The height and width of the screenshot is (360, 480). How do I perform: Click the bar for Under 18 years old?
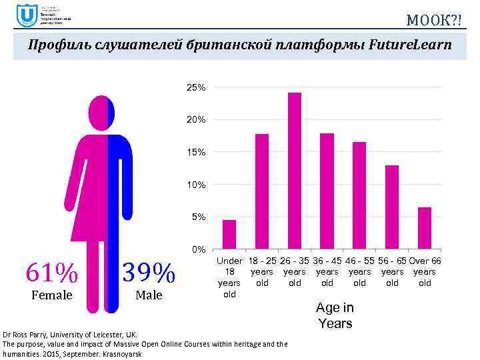(x=229, y=234)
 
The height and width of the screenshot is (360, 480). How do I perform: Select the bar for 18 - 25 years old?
(x=262, y=191)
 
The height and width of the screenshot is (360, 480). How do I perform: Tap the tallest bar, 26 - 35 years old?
(x=295, y=171)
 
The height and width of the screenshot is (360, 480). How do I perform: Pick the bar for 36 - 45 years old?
(x=327, y=191)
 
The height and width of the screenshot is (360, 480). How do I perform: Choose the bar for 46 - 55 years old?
(x=359, y=195)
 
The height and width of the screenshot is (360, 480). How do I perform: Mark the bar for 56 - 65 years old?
(x=392, y=207)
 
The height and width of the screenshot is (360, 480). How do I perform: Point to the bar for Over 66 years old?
(x=425, y=228)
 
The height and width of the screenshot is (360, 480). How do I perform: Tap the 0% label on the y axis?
(x=197, y=250)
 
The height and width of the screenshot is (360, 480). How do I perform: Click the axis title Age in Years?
(x=335, y=315)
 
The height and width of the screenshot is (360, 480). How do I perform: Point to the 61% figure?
(x=52, y=272)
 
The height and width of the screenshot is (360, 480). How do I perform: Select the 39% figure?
(x=149, y=272)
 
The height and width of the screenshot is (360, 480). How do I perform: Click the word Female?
(x=52, y=295)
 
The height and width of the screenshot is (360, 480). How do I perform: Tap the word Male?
(x=149, y=295)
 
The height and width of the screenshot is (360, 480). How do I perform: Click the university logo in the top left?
(x=27, y=15)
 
